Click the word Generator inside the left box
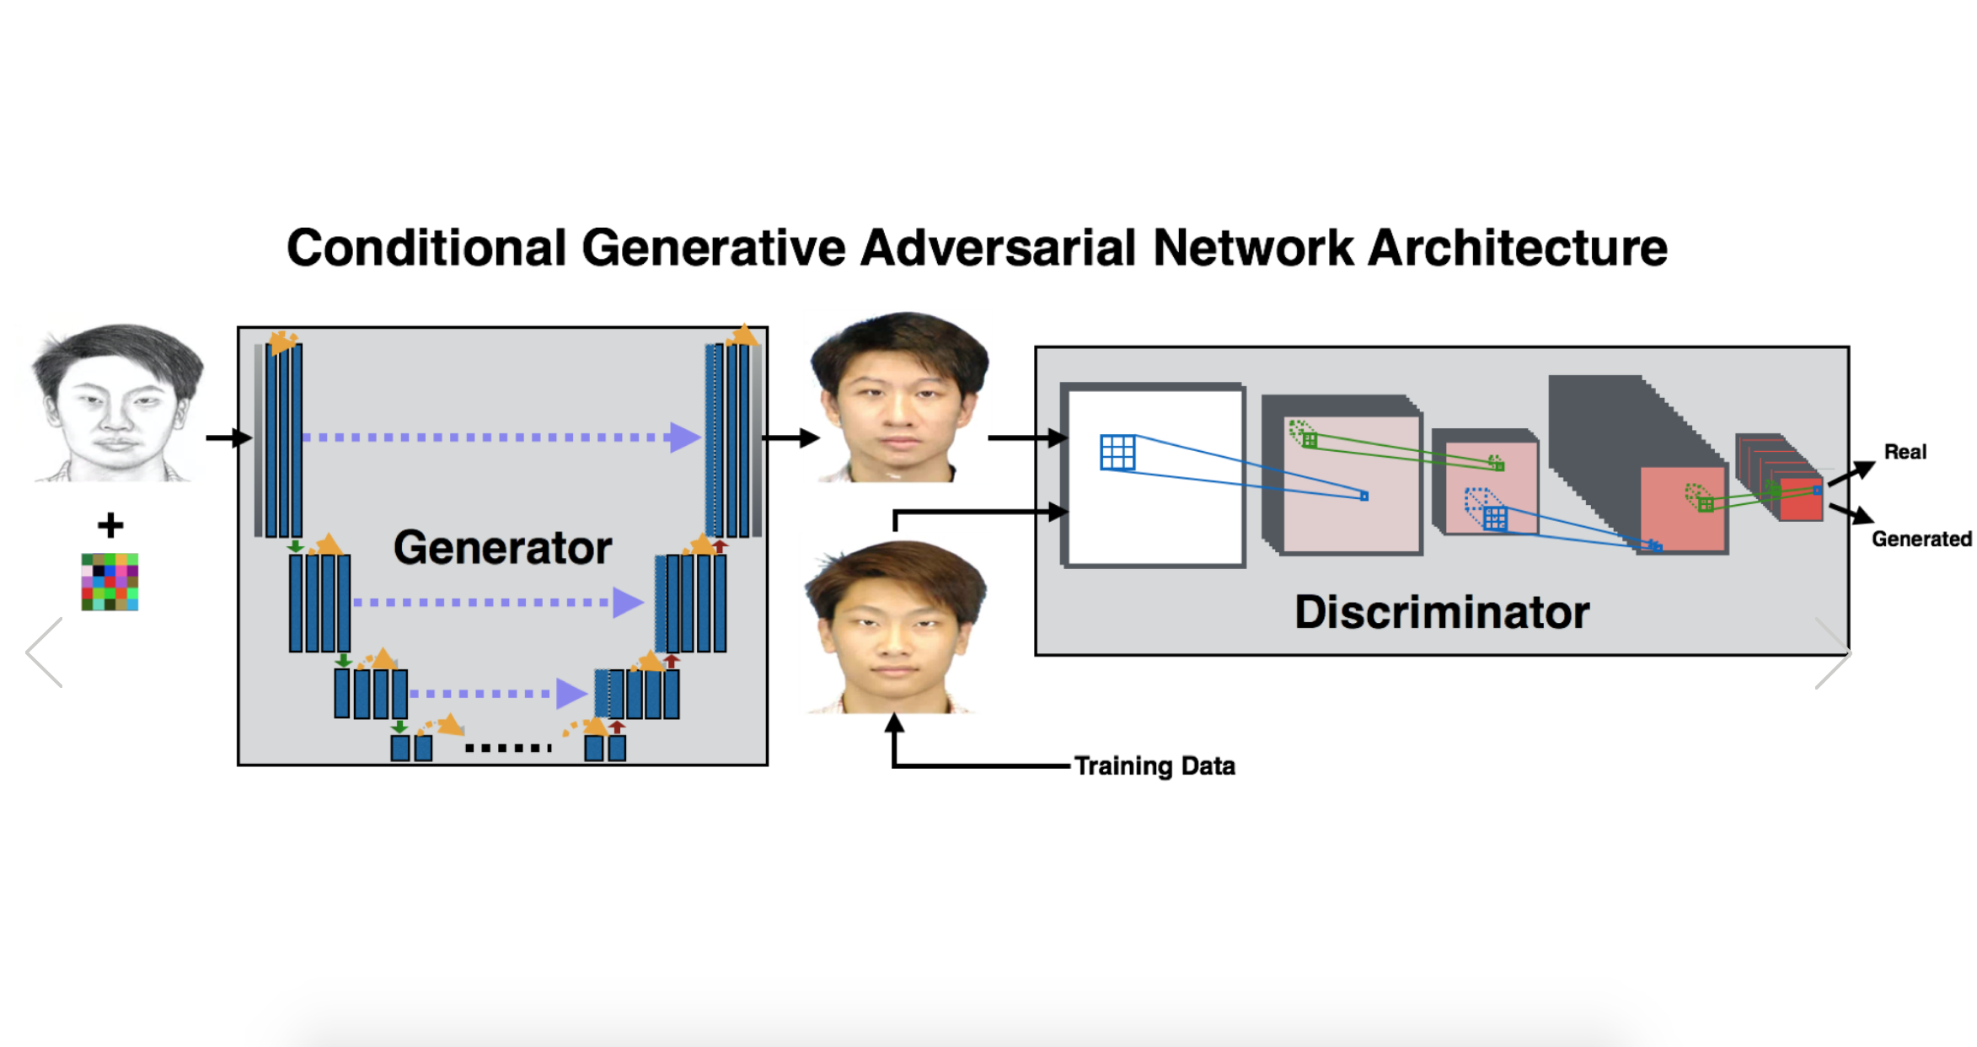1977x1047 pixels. click(x=502, y=548)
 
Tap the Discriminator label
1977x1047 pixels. click(x=1442, y=612)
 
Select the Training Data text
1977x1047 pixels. click(x=1155, y=765)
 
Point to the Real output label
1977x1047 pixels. click(x=1905, y=452)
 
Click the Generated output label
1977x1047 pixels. click(x=1921, y=539)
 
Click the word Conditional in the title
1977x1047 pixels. click(x=426, y=248)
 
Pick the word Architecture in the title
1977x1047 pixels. click(x=1518, y=248)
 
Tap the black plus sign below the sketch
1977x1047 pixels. click(x=110, y=525)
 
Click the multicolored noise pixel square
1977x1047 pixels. click(x=110, y=582)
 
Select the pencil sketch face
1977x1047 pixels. click(x=116, y=403)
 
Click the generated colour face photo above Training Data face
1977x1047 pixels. click(x=898, y=397)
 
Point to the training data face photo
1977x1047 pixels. click(x=895, y=628)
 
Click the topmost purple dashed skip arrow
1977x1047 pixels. click(x=501, y=438)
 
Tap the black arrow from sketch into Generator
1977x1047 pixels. click(x=229, y=438)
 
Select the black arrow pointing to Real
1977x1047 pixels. click(x=1851, y=472)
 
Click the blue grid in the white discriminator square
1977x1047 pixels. click(x=1118, y=452)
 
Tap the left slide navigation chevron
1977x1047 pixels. click(x=44, y=652)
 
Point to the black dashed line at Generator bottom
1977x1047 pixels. click(x=508, y=748)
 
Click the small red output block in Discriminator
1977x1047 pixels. click(x=1801, y=500)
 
